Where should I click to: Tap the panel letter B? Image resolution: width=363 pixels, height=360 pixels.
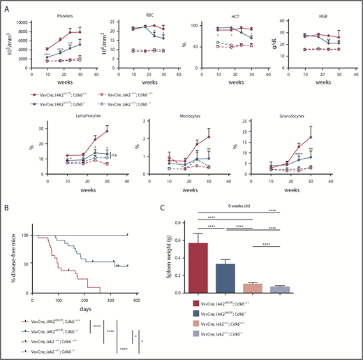[x=7, y=208]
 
